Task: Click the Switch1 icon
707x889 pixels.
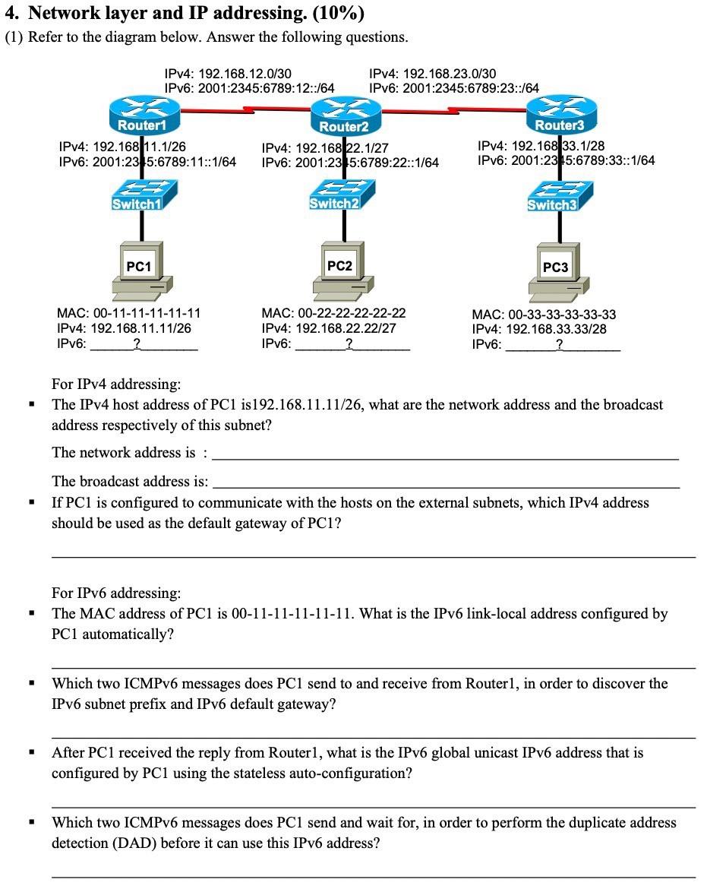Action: coord(141,195)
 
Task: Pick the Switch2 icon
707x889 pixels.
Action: coord(336,195)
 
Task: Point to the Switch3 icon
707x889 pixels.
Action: coord(554,196)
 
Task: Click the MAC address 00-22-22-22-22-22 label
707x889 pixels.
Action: coord(333,313)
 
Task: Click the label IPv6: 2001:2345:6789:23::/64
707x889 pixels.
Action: coord(453,88)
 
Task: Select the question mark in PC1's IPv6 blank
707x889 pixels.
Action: coord(136,344)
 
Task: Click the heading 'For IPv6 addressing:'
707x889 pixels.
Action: coord(116,593)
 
